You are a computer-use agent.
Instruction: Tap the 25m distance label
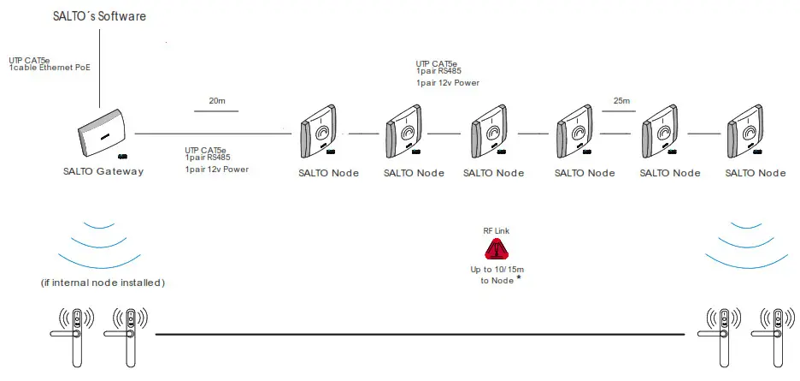[x=621, y=101]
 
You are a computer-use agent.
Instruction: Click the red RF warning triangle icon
[x=497, y=250]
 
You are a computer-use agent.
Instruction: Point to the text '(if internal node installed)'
[x=102, y=283]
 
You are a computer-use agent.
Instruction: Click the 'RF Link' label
[x=497, y=231]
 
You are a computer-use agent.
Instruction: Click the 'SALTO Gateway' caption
[x=103, y=171]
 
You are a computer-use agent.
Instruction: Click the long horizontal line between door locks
[x=419, y=332]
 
